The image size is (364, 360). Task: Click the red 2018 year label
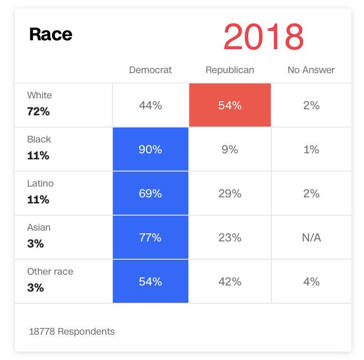pyautogui.click(x=263, y=37)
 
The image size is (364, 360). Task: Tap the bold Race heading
pyautogui.click(x=51, y=34)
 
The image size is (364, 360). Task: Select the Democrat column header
pyautogui.click(x=150, y=70)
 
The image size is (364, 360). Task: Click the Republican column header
pyautogui.click(x=230, y=70)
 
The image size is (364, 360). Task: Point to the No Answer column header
pyautogui.click(x=311, y=70)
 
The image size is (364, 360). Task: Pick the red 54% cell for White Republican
pyautogui.click(x=230, y=105)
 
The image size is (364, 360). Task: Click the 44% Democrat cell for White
pyautogui.click(x=150, y=105)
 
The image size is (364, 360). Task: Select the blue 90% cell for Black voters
pyautogui.click(x=150, y=150)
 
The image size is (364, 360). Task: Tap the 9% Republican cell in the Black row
pyautogui.click(x=230, y=150)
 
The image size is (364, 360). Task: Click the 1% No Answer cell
pyautogui.click(x=311, y=150)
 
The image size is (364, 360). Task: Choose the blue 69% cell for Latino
pyautogui.click(x=150, y=194)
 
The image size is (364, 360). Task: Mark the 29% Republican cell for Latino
pyautogui.click(x=230, y=194)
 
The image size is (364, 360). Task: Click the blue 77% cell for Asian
pyautogui.click(x=150, y=238)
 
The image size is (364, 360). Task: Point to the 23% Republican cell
pyautogui.click(x=230, y=238)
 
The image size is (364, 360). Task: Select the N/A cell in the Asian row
pyautogui.click(x=311, y=238)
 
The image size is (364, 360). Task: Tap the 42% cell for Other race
pyautogui.click(x=230, y=282)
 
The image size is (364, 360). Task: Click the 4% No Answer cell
pyautogui.click(x=311, y=282)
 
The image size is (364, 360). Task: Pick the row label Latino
pyautogui.click(x=40, y=183)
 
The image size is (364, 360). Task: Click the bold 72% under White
pyautogui.click(x=38, y=112)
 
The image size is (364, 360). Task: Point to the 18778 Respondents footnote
pyautogui.click(x=72, y=331)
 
